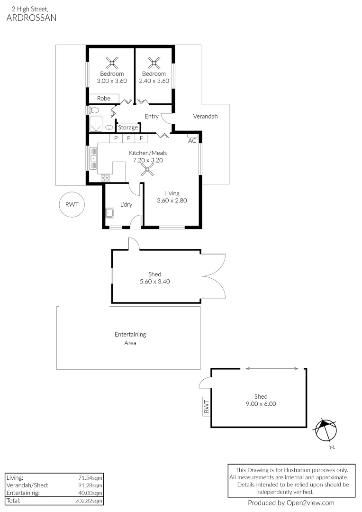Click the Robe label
click(x=104, y=99)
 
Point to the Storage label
click(x=128, y=128)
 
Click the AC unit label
click(x=192, y=141)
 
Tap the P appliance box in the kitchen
click(x=116, y=138)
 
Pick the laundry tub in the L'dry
click(x=111, y=213)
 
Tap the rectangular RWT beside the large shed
click(x=207, y=406)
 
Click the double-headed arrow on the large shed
click(x=272, y=369)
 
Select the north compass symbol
click(x=326, y=430)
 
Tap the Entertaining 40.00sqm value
click(x=92, y=493)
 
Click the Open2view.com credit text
click(x=291, y=503)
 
